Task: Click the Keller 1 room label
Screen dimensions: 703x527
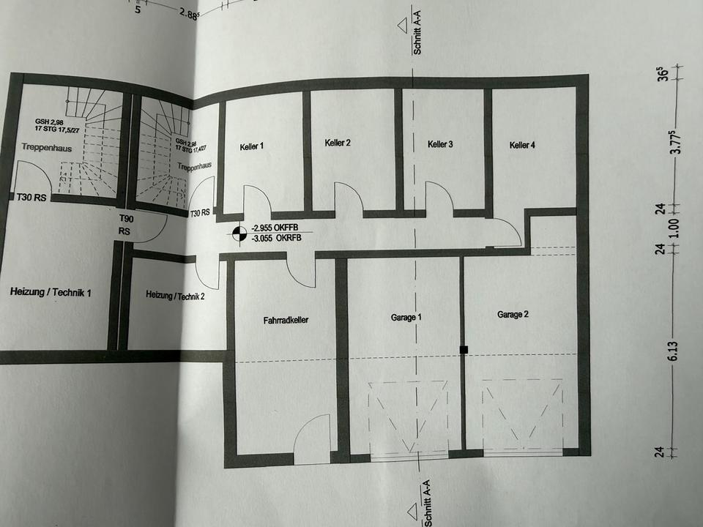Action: click(x=251, y=146)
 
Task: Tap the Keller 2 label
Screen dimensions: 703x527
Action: click(x=338, y=143)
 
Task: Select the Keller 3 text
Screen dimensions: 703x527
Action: click(x=440, y=145)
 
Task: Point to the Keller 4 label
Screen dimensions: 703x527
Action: click(x=522, y=145)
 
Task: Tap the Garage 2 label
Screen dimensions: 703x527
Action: click(x=513, y=315)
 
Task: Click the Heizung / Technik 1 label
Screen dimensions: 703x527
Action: click(x=51, y=293)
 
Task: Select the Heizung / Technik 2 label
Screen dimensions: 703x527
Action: click(x=175, y=295)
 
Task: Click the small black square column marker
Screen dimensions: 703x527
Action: click(x=464, y=350)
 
